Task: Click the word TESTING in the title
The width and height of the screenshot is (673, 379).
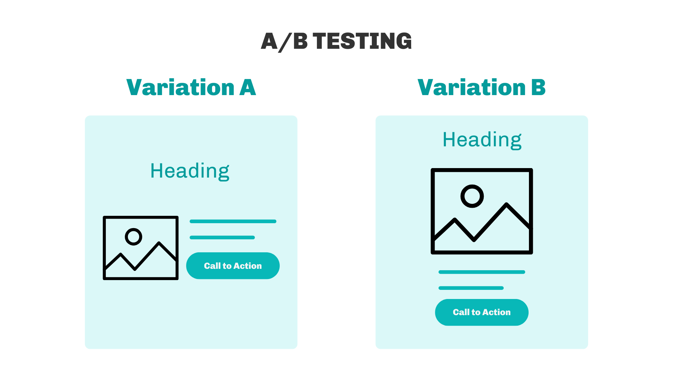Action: click(x=362, y=41)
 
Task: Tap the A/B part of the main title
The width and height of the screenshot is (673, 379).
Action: click(x=284, y=41)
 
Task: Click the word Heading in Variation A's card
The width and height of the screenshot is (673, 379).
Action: click(x=190, y=171)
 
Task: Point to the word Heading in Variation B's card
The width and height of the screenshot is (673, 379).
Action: click(x=482, y=140)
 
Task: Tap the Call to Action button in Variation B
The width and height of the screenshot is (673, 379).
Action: click(x=482, y=312)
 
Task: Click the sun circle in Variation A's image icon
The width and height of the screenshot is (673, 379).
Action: click(x=134, y=229)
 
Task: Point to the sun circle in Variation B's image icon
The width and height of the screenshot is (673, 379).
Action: click(x=472, y=185)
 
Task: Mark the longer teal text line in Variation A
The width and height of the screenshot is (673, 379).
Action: click(x=233, y=221)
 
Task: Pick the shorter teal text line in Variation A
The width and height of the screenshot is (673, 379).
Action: click(x=222, y=238)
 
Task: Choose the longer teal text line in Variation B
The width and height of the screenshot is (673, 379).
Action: click(x=482, y=272)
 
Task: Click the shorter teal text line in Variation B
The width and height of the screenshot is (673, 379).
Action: click(x=471, y=288)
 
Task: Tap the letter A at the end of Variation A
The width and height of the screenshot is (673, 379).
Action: click(x=248, y=87)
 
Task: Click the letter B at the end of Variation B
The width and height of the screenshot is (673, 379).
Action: click(x=539, y=87)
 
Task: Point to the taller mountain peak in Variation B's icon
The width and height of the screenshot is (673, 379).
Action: click(x=507, y=204)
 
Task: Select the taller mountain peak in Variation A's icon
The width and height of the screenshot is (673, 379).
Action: click(x=159, y=243)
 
